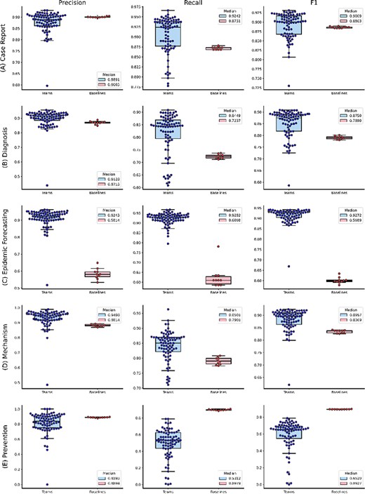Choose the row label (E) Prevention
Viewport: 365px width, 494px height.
(6, 442)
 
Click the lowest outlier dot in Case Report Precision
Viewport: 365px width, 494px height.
(46, 86)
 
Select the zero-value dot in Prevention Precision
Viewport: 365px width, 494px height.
(46, 484)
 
